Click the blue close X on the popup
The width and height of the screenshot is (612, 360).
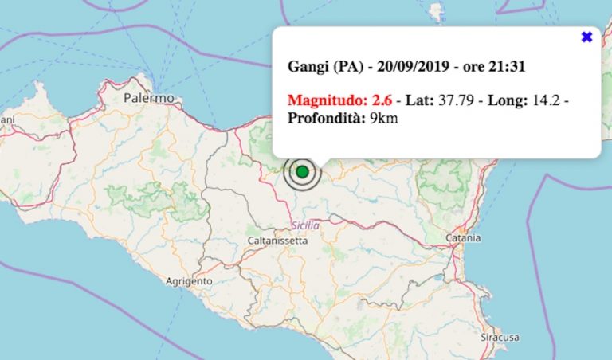pyautogui.click(x=587, y=37)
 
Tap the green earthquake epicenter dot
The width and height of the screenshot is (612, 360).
pyautogui.click(x=302, y=171)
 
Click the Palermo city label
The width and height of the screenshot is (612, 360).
pyautogui.click(x=149, y=98)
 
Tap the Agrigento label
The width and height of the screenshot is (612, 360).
pyautogui.click(x=189, y=281)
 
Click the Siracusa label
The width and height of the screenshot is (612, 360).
pyautogui.click(x=500, y=338)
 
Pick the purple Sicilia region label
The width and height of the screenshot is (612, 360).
pyautogui.click(x=305, y=225)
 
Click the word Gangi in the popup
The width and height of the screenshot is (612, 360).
pyautogui.click(x=305, y=67)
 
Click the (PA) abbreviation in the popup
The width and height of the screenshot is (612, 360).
pyautogui.click(x=343, y=67)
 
